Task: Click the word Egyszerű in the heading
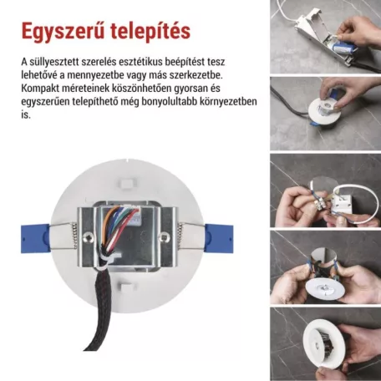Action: tap(60, 31)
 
